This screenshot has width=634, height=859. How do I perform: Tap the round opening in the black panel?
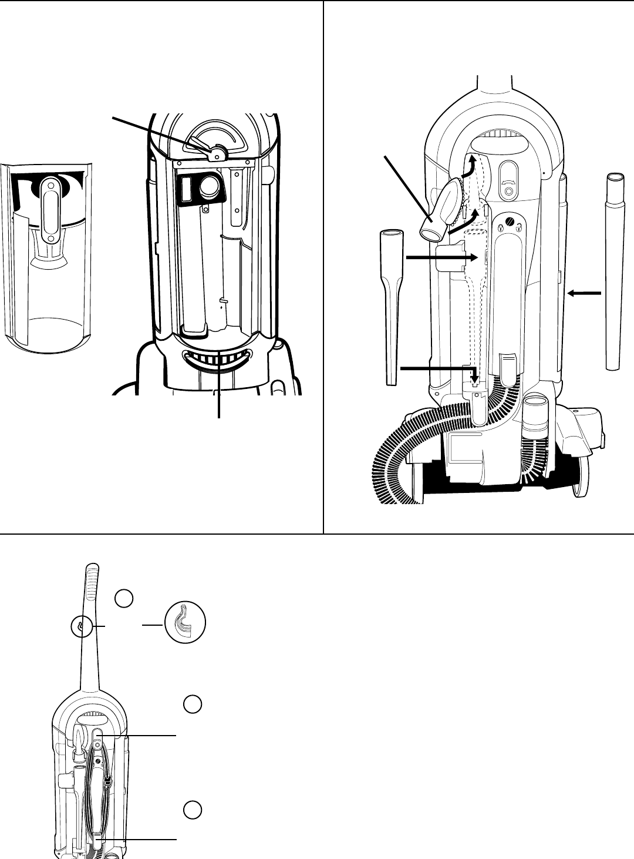[x=209, y=187]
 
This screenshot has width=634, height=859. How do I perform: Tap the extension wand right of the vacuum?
[x=614, y=270]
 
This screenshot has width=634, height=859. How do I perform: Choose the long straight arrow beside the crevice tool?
[x=437, y=257]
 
